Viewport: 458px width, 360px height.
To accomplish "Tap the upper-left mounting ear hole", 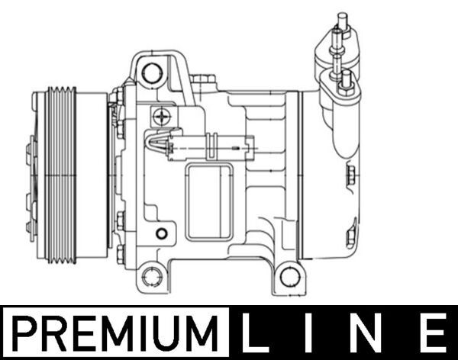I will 152,73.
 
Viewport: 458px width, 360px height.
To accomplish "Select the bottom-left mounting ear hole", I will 152,275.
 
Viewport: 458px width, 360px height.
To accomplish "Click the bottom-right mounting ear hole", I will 289,275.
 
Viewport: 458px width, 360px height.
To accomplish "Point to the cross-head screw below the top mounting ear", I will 162,116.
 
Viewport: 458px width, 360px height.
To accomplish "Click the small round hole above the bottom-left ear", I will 160,233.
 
